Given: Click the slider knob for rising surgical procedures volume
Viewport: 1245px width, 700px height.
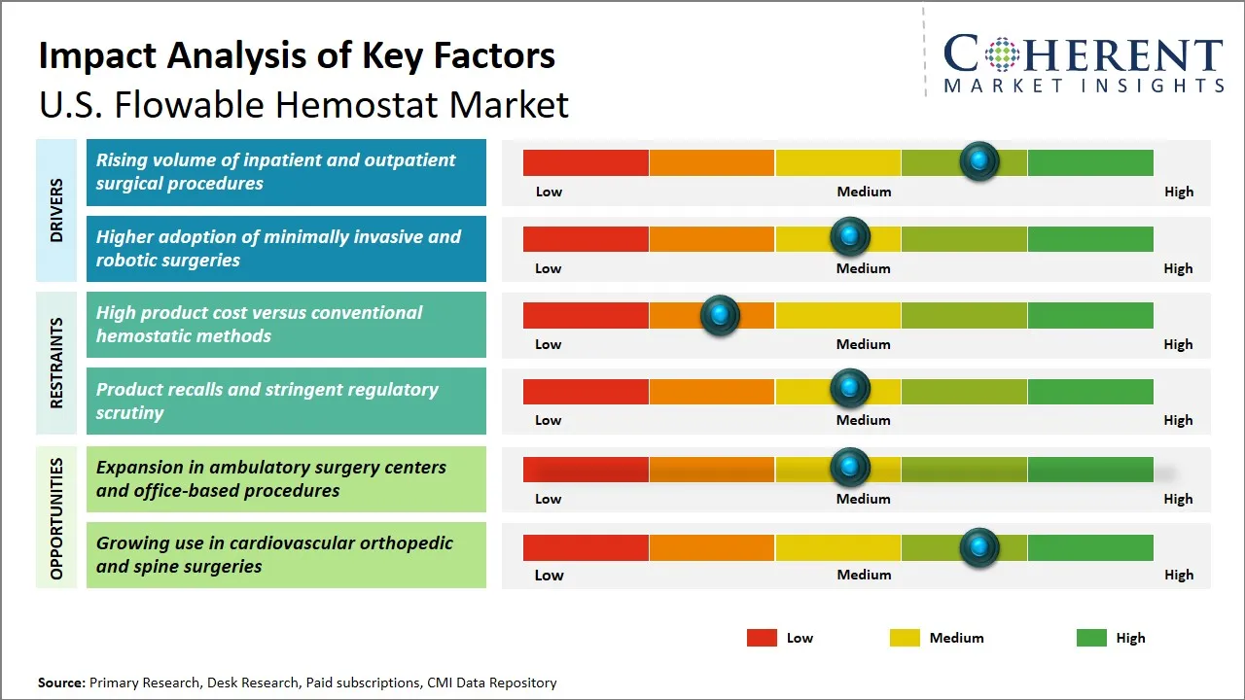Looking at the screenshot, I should point(979,161).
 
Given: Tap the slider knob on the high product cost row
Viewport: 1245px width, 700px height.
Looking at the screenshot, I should point(720,315).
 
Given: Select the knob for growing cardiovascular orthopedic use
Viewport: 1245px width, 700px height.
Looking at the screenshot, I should point(979,547).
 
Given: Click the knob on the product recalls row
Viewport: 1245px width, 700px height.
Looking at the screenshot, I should point(850,389).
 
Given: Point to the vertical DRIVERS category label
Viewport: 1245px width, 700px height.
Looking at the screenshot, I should point(56,210).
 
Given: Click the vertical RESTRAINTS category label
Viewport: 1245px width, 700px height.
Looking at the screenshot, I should point(56,363).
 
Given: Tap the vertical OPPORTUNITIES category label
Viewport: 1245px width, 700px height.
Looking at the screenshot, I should point(56,518).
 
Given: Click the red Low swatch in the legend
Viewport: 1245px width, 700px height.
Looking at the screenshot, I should point(762,638).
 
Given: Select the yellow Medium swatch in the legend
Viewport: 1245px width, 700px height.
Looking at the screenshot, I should point(905,638).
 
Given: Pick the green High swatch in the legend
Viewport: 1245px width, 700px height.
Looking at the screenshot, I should point(1091,638).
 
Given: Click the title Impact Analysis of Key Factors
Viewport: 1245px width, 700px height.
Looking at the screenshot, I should point(297,55).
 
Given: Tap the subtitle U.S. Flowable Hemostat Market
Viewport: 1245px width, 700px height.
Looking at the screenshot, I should point(303,104).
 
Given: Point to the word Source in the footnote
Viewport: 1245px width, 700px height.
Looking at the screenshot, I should point(61,682).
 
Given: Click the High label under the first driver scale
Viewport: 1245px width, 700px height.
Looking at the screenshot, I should point(1178,192).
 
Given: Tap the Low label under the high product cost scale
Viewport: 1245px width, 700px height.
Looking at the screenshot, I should point(549,344).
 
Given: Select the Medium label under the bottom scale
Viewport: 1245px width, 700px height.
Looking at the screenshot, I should point(864,575).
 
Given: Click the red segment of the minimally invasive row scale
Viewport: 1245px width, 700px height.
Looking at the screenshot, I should point(586,238).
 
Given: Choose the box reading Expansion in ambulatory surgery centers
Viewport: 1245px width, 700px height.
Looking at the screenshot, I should point(286,478).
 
